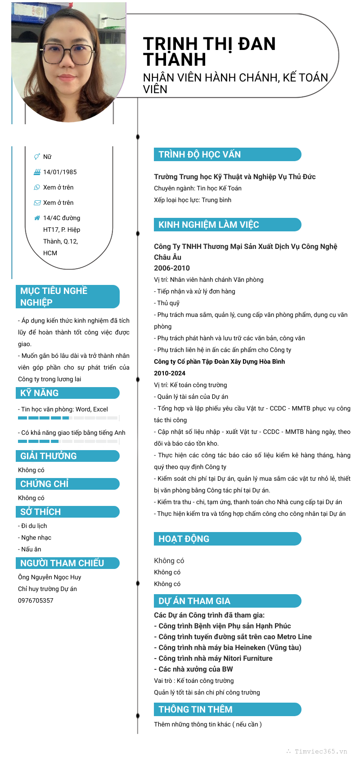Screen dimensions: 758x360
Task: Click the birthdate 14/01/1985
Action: [x=60, y=172]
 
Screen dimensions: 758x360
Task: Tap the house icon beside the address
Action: [x=37, y=218]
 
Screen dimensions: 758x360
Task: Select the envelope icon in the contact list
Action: [x=37, y=203]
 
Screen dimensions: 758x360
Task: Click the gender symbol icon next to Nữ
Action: [x=37, y=157]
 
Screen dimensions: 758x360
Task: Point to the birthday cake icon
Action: [x=37, y=172]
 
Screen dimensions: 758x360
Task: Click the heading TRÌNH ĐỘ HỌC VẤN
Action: [x=199, y=154]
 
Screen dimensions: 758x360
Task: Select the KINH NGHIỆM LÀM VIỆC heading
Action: [x=208, y=225]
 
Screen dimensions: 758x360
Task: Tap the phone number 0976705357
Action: [x=36, y=600]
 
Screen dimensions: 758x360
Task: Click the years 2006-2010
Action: [x=172, y=268]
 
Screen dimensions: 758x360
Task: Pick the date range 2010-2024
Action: [x=170, y=373]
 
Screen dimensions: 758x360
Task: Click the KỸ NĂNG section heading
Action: [x=40, y=393]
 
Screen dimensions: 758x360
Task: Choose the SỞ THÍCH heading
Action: [x=40, y=512]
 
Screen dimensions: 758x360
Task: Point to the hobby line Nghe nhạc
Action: [x=36, y=537]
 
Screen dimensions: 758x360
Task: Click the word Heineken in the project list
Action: [x=250, y=647]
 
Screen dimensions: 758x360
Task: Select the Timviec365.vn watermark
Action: [x=320, y=751]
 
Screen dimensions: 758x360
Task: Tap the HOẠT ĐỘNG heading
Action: [x=184, y=539]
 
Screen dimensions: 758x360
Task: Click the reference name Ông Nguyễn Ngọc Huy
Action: [x=49, y=577]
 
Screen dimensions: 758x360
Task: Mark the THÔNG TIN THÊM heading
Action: [x=195, y=709]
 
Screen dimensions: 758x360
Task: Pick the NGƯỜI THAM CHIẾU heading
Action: [x=62, y=563]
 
